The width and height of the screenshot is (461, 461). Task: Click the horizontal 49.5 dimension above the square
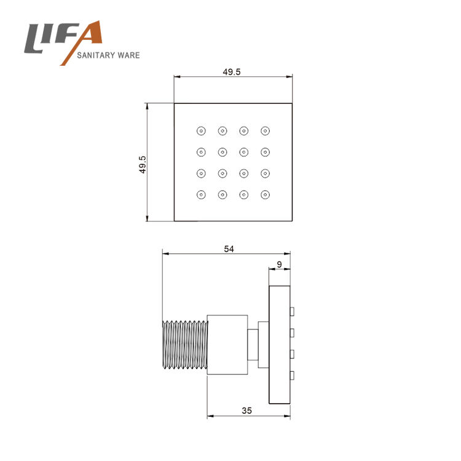(x=231, y=72)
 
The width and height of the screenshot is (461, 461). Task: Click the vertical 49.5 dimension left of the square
(x=143, y=165)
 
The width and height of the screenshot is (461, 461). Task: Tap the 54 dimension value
(x=229, y=249)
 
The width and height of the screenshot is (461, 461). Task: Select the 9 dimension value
(x=279, y=264)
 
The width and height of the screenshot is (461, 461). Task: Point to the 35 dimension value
(x=246, y=411)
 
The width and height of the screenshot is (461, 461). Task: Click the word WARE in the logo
(x=128, y=55)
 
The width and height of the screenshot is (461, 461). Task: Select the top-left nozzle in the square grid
(x=201, y=131)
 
